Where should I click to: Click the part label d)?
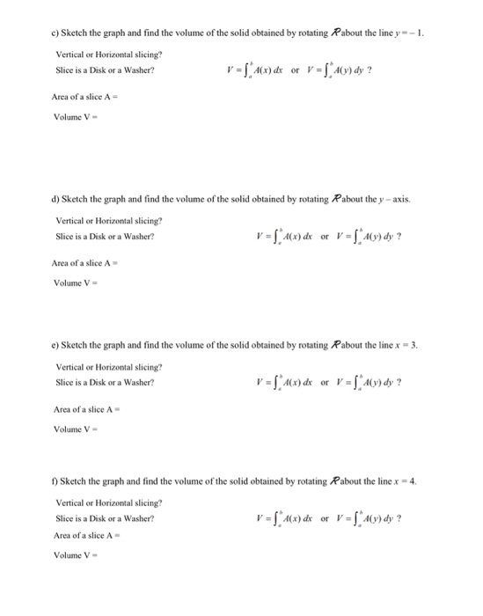[52, 198]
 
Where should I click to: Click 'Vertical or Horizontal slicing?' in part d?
[108, 220]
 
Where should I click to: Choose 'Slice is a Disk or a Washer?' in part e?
[105, 382]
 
